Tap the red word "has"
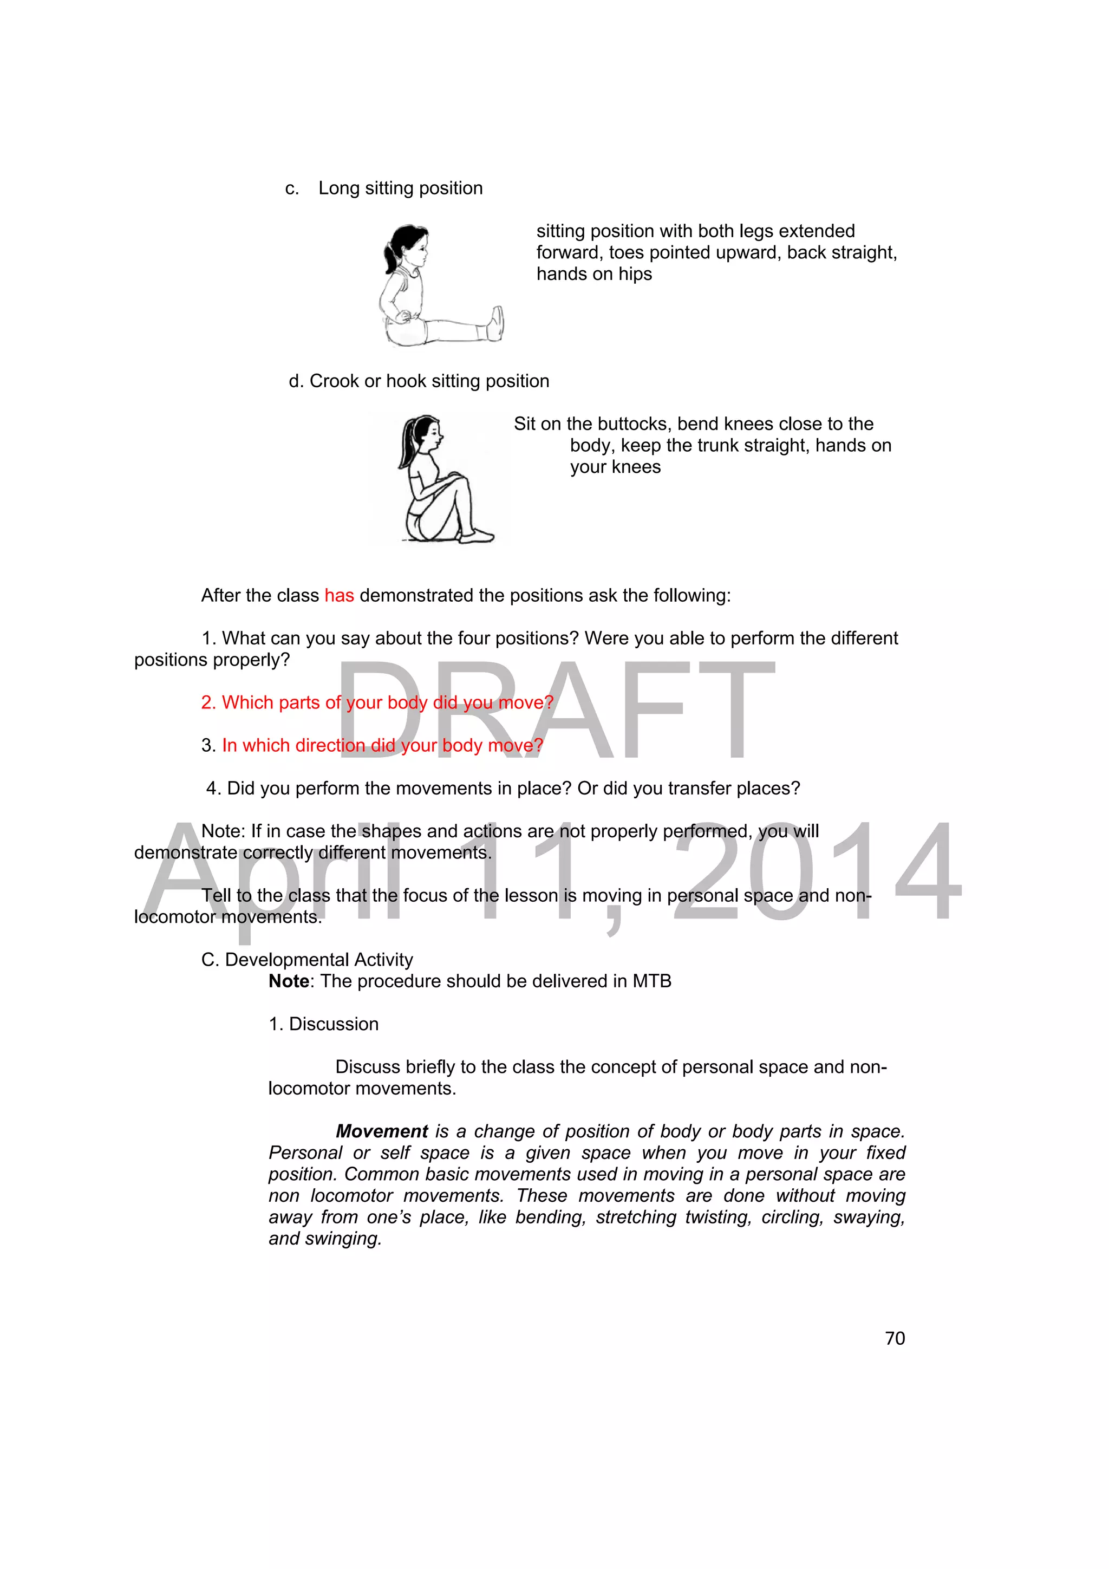[339, 595]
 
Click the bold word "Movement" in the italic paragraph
[382, 1131]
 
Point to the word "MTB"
[651, 981]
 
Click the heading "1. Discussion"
[323, 1024]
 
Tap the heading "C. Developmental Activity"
[307, 960]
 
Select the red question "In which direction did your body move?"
[383, 746]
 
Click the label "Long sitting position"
[400, 188]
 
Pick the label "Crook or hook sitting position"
[429, 381]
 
